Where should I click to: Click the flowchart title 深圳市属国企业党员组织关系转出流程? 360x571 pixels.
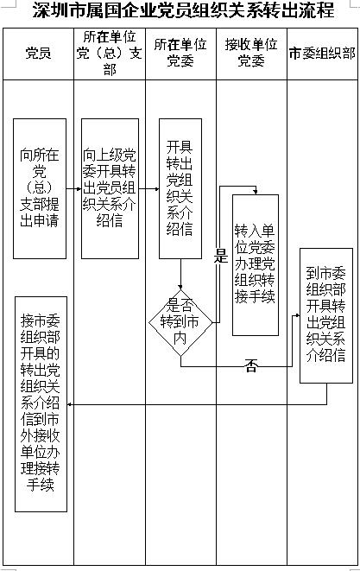coord(184,10)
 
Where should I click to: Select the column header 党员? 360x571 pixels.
coord(38,54)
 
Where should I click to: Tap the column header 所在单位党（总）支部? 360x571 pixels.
coord(110,54)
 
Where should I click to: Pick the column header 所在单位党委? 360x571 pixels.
coord(180,53)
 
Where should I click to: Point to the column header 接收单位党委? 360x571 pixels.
coord(251,53)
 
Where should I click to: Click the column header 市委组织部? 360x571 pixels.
coord(323,54)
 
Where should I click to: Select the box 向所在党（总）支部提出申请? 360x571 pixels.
coord(40,188)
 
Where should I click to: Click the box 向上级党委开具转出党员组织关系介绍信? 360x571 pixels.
coord(110,188)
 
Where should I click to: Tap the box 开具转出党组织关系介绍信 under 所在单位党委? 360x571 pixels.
coord(180,188)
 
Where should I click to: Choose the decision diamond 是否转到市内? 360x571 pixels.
coord(180,322)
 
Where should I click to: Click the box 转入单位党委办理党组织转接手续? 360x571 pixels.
coord(256,265)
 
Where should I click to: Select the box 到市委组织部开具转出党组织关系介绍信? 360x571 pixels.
coord(326,315)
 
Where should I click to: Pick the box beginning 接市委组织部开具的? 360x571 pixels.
coord(41,404)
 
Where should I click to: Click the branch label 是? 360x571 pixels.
coord(221,256)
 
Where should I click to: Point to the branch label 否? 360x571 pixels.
coord(251,365)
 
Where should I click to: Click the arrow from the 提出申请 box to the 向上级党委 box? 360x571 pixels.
coord(73,188)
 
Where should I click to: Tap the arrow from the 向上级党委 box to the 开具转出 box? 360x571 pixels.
coord(148,188)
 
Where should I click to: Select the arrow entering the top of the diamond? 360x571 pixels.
coord(180,274)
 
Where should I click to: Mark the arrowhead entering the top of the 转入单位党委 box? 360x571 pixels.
coord(256,192)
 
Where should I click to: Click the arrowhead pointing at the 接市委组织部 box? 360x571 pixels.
coord(70,404)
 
